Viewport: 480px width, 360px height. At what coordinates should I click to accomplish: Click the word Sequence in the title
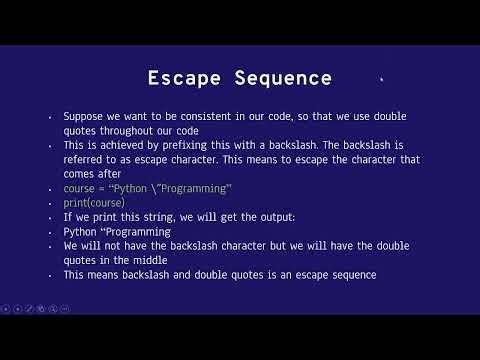pos(283,78)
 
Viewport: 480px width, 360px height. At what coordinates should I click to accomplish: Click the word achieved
pos(119,145)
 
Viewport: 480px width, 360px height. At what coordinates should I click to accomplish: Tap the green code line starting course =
pos(147,188)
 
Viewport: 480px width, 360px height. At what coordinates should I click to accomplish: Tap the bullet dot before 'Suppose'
pos(50,117)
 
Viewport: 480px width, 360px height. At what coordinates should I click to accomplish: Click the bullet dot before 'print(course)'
pos(50,204)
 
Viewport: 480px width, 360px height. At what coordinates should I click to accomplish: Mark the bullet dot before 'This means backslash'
pos(50,276)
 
